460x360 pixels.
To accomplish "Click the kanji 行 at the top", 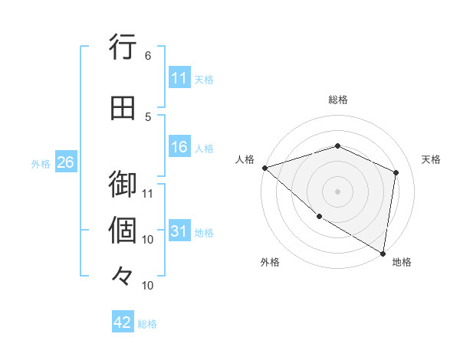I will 122,47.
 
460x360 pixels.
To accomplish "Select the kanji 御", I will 122,185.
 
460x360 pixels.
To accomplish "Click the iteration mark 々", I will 122,277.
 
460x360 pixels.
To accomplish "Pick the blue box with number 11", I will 179,78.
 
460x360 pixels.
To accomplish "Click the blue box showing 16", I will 179,148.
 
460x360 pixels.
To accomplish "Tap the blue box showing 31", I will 179,232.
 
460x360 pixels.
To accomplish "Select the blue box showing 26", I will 65,162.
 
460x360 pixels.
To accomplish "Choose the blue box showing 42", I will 123,322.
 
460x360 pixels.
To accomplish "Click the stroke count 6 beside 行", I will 148,55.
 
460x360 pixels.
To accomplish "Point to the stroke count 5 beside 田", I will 148,116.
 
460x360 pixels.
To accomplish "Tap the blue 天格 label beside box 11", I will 204,79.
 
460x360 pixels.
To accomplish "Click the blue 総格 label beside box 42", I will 147,324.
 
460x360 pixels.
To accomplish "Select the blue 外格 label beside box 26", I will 41,163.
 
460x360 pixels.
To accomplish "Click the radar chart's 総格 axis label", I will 337,100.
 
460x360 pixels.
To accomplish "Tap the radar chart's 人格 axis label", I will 245,159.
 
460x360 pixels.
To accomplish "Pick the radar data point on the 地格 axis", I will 383,253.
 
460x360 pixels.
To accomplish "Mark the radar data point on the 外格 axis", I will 319,217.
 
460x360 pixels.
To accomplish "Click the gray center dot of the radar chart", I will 337,191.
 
